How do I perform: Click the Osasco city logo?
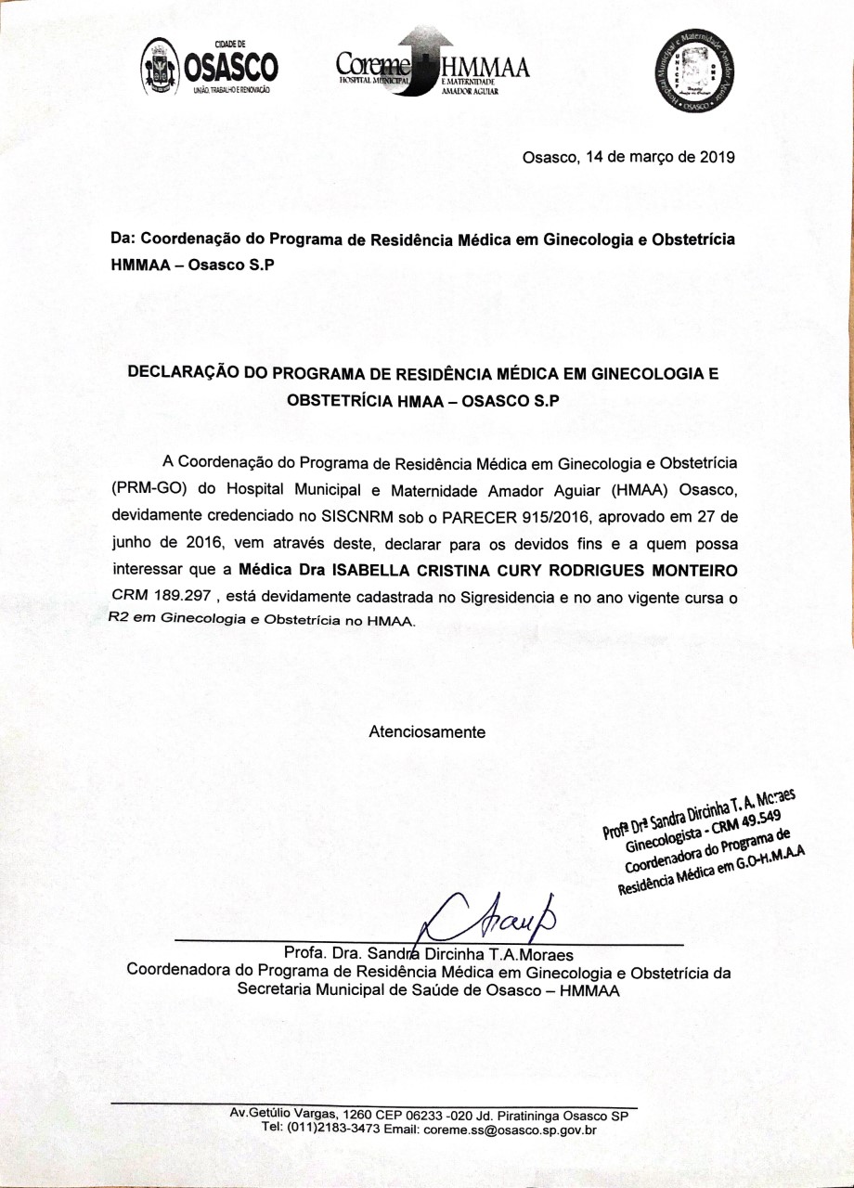pos(208,71)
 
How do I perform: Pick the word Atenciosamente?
pos(427,731)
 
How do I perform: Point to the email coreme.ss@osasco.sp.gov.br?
pos(508,1130)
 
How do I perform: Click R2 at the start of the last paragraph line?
pos(118,620)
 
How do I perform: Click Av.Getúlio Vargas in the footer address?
pos(282,1114)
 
